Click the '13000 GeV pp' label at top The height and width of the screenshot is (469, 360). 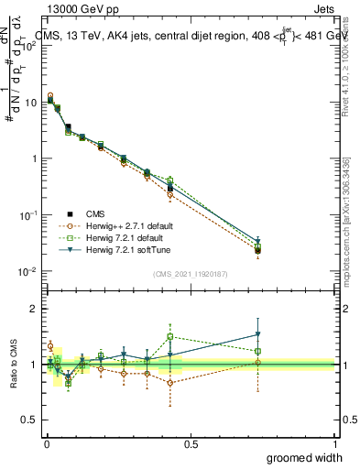coord(80,9)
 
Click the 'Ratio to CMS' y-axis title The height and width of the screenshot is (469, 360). coord(14,365)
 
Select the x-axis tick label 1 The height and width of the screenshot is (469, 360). coord(335,443)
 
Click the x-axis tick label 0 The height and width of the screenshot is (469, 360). coord(47,443)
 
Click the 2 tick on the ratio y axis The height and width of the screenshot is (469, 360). coord(34,309)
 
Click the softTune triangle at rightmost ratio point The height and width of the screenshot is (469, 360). coord(258,334)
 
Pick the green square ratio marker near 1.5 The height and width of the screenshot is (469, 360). coord(170,337)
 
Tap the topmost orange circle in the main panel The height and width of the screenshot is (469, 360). coord(50,95)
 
